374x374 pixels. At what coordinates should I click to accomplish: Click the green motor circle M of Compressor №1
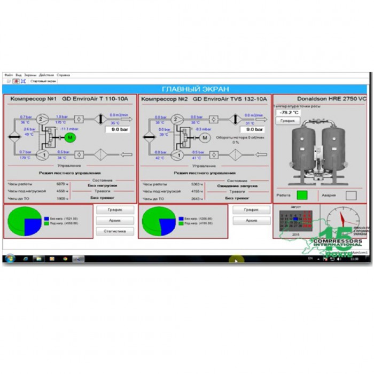tap(69, 138)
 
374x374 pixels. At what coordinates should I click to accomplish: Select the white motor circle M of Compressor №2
tap(204, 138)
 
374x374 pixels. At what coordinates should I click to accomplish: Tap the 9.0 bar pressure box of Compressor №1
tap(119, 129)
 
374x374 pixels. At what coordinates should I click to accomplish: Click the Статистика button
tap(114, 231)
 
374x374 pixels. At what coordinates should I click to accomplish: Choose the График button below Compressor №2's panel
tap(251, 210)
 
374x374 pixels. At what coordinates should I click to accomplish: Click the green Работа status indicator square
tap(302, 195)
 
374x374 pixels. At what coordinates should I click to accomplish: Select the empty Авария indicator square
tap(350, 196)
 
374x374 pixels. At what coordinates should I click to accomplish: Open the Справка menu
tap(63, 75)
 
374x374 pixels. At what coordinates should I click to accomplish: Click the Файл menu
tap(9, 75)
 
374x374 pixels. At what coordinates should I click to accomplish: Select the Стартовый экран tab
tap(43, 81)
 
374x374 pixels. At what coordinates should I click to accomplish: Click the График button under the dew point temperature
tap(285, 121)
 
